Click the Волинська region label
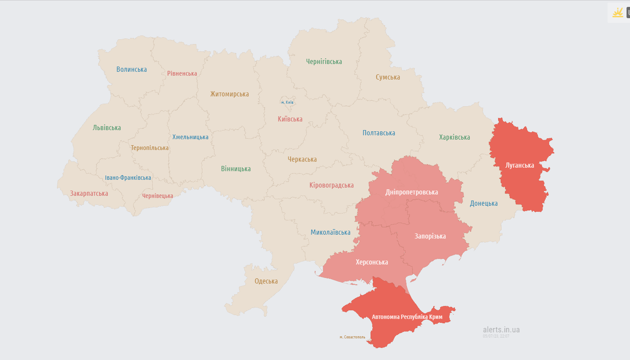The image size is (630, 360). tap(131, 70)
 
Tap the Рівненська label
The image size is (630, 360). tap(182, 73)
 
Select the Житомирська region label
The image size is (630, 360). tap(230, 94)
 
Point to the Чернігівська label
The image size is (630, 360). tap(324, 62)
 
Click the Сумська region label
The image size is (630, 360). tap(388, 77)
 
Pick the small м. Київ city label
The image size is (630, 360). tap(287, 102)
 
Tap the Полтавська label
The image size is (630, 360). tap(379, 133)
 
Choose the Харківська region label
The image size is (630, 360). tap(454, 137)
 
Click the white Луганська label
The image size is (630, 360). tap(520, 166)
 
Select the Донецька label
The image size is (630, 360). tap(484, 204)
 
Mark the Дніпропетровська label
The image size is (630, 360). tap(412, 192)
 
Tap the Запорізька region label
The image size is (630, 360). tap(430, 236)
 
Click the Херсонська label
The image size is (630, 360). tap(372, 262)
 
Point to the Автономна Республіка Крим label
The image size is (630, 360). tap(407, 317)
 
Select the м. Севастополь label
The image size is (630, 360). tap(352, 337)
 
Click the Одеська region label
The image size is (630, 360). tap(266, 281)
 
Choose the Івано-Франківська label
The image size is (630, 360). tap(128, 178)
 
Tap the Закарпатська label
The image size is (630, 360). tap(89, 194)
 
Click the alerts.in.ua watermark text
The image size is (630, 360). tap(502, 330)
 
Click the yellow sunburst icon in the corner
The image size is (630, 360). tap(617, 13)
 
